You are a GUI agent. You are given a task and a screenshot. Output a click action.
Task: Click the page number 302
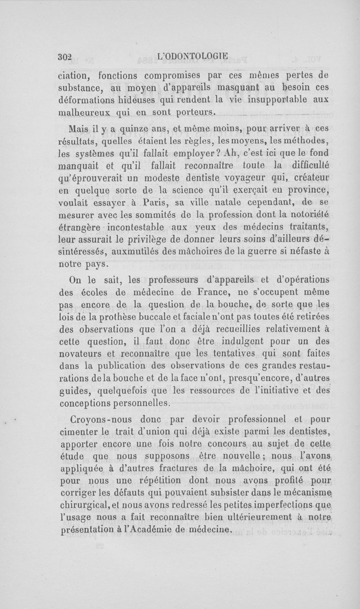(65, 56)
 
